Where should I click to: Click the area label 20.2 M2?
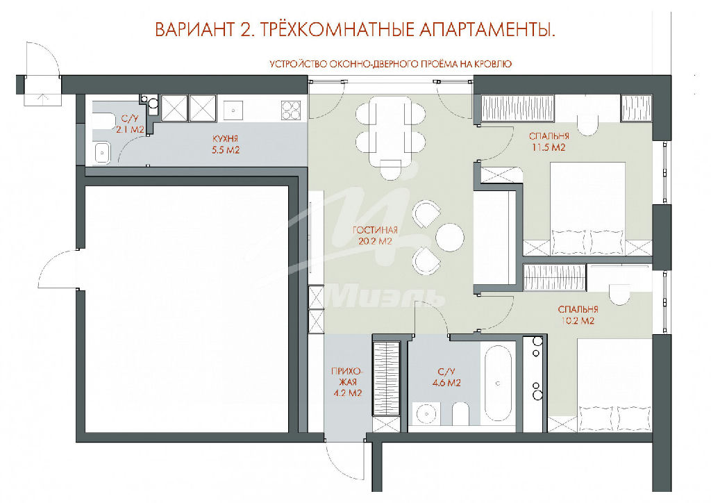(374, 241)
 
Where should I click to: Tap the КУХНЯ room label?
(226, 139)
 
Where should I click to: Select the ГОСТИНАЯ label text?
(375, 231)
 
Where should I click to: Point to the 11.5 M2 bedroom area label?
(549, 147)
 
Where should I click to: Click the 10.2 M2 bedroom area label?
(578, 321)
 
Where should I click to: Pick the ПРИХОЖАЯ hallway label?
(347, 377)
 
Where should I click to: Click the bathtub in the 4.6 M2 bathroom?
(498, 384)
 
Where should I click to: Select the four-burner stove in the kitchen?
(291, 110)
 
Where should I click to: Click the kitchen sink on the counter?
(233, 110)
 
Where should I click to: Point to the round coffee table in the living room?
(450, 236)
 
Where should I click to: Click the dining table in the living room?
(390, 132)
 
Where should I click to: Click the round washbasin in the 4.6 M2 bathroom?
(426, 413)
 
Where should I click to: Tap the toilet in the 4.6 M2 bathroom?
(460, 413)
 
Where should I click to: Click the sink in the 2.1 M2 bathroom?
(103, 152)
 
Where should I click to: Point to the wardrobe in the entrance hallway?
(386, 378)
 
